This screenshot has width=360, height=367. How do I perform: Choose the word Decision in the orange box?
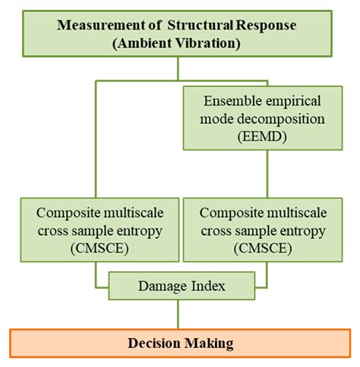(x=150, y=343)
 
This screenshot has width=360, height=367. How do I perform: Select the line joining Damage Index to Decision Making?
(x=178, y=312)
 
